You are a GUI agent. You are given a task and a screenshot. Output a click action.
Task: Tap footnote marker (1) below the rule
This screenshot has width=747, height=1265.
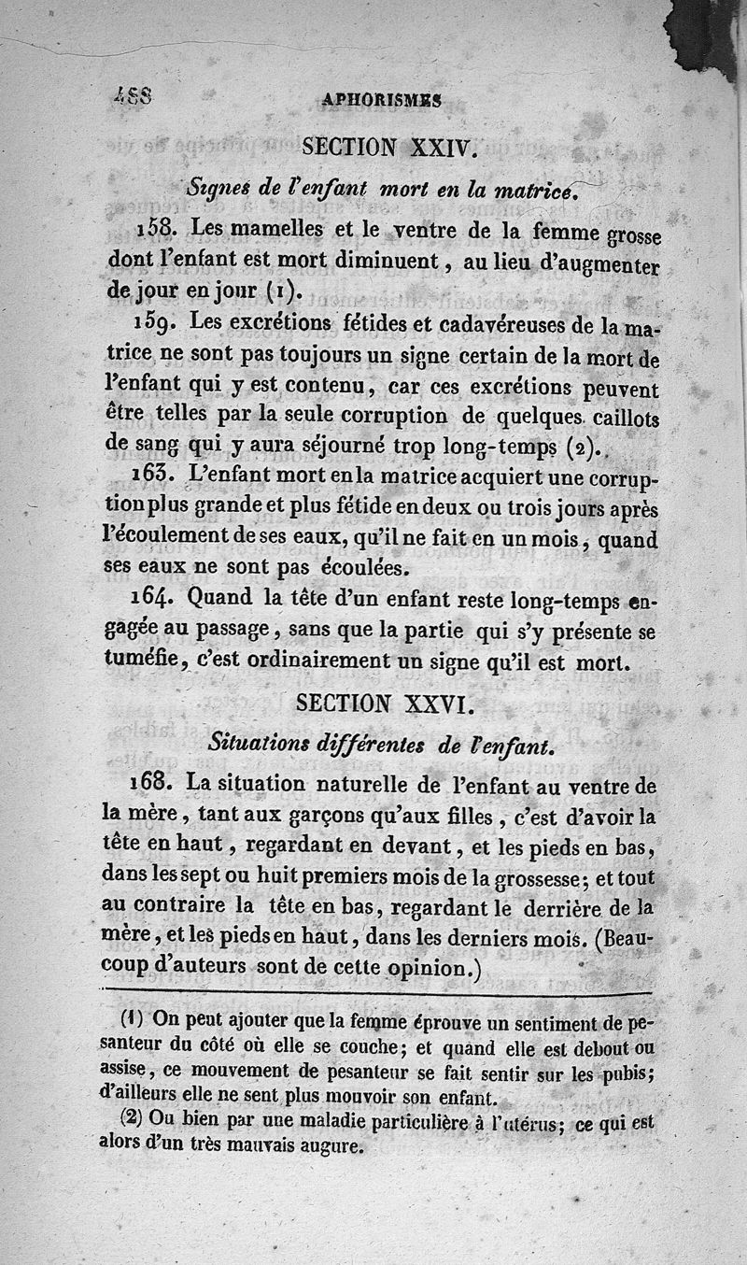point(132,1017)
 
